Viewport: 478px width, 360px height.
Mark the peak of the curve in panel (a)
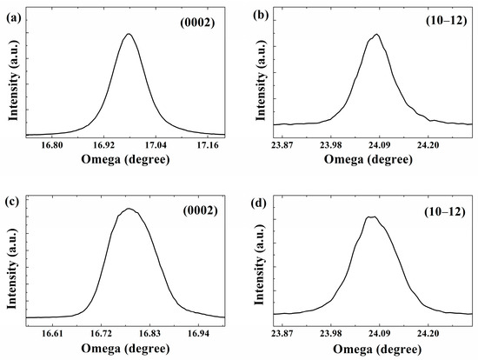(129, 34)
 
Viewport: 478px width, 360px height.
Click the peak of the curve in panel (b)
(376, 35)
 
